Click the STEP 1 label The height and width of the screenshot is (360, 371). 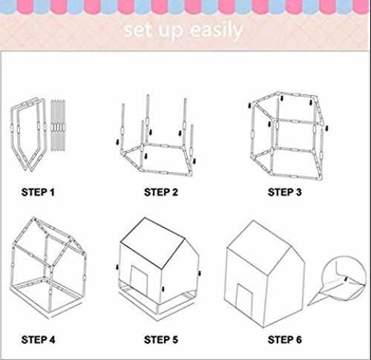(38, 192)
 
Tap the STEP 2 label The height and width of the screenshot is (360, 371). (161, 192)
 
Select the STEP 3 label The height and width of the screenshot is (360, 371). (285, 192)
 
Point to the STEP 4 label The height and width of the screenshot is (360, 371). (38, 340)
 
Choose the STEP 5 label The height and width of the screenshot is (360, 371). (161, 340)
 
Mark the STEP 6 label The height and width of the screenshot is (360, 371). (285, 340)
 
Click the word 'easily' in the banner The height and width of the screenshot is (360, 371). (217, 30)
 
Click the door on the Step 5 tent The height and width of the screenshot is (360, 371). (139, 281)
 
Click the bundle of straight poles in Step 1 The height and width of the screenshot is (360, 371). (58, 125)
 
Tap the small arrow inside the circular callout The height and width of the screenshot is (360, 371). (347, 279)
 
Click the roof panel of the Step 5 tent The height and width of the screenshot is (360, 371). (153, 243)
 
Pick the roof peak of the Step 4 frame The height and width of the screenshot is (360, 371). (33, 218)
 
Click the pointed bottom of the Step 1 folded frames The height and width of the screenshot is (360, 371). (28, 170)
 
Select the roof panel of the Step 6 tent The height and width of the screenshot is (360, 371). (258, 247)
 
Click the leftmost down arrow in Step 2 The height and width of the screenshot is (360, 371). (117, 142)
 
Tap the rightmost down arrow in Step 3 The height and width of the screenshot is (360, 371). (326, 128)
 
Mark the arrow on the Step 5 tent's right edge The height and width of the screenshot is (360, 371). (200, 273)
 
